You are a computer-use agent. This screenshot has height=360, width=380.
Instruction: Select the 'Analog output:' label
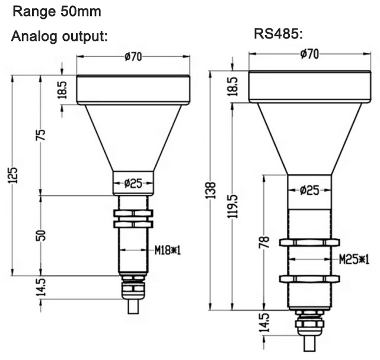tap(60, 36)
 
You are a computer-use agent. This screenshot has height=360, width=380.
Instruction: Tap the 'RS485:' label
tap(279, 34)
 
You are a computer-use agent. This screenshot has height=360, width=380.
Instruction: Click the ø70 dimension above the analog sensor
tap(132, 57)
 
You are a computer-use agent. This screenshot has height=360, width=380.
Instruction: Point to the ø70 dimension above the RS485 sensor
tap(309, 54)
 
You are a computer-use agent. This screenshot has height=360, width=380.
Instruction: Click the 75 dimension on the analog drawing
tap(41, 134)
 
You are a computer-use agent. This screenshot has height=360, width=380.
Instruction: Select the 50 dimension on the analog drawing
tap(41, 235)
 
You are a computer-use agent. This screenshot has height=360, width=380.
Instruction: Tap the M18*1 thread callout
tap(167, 250)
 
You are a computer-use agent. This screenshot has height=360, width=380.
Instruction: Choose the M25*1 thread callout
tap(354, 259)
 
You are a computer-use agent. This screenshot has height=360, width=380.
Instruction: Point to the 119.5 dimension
tap(234, 205)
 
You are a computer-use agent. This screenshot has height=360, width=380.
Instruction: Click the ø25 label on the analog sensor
tap(133, 183)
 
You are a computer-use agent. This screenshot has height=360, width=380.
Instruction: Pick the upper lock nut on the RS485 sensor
tap(308, 242)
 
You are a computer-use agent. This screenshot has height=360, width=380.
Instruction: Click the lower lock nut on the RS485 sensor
tap(308, 278)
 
